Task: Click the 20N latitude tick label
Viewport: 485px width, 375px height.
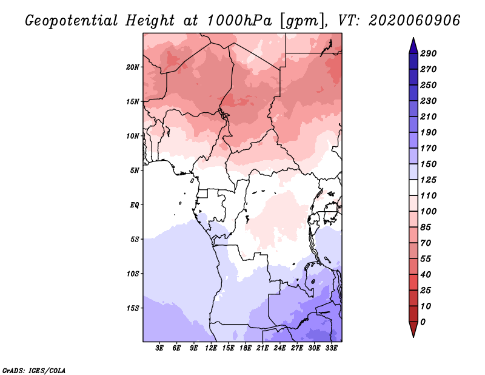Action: click(x=133, y=67)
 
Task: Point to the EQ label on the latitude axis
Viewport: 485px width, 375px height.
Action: click(x=135, y=204)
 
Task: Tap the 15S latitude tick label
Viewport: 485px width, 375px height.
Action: click(x=133, y=308)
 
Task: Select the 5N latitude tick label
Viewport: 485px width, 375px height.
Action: click(x=135, y=170)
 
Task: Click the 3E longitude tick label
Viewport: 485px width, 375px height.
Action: click(x=160, y=348)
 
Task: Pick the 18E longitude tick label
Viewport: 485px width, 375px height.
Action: click(x=246, y=348)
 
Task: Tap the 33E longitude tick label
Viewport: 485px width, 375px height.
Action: click(x=331, y=348)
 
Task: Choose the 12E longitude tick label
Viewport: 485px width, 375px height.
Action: click(x=211, y=348)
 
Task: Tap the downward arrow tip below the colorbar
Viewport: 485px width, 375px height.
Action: click(x=412, y=334)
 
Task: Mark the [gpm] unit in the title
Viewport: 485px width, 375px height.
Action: click(x=302, y=21)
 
